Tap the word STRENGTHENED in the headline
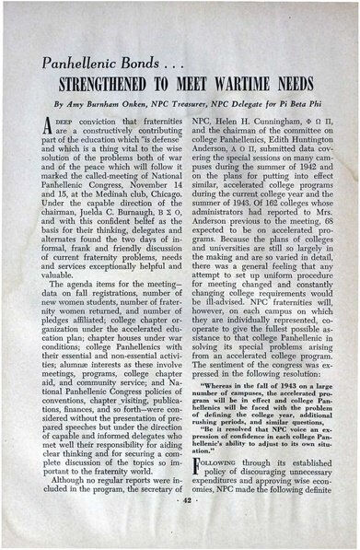tap(119, 87)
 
